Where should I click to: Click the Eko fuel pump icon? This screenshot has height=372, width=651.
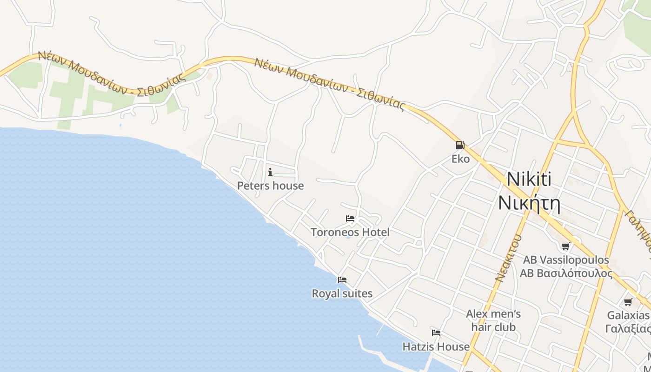(x=460, y=145)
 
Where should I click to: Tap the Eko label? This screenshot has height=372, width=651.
(x=461, y=159)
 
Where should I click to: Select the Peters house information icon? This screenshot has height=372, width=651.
(x=270, y=173)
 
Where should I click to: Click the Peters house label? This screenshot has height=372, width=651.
(x=270, y=186)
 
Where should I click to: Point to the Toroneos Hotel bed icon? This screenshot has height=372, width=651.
(x=350, y=219)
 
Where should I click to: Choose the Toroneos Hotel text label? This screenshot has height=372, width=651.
(x=350, y=232)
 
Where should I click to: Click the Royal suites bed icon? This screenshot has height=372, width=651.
(x=342, y=280)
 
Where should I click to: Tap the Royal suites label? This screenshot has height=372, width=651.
(x=342, y=294)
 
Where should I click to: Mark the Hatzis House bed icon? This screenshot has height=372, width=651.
(x=436, y=333)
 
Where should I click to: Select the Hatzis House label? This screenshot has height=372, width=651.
(x=436, y=347)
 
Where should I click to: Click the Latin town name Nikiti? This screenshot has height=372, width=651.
(x=529, y=179)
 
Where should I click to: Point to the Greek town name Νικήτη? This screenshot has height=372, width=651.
(x=529, y=203)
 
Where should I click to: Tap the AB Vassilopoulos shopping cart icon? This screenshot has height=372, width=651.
(x=565, y=246)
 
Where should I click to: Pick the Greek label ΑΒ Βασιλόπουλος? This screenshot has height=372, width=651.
(x=566, y=273)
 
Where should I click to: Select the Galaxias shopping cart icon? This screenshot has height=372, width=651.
(x=628, y=302)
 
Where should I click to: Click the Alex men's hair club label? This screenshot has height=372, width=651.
(x=493, y=320)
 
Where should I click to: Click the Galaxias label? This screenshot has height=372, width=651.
(x=628, y=315)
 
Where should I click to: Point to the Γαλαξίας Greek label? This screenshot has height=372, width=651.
(x=628, y=329)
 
